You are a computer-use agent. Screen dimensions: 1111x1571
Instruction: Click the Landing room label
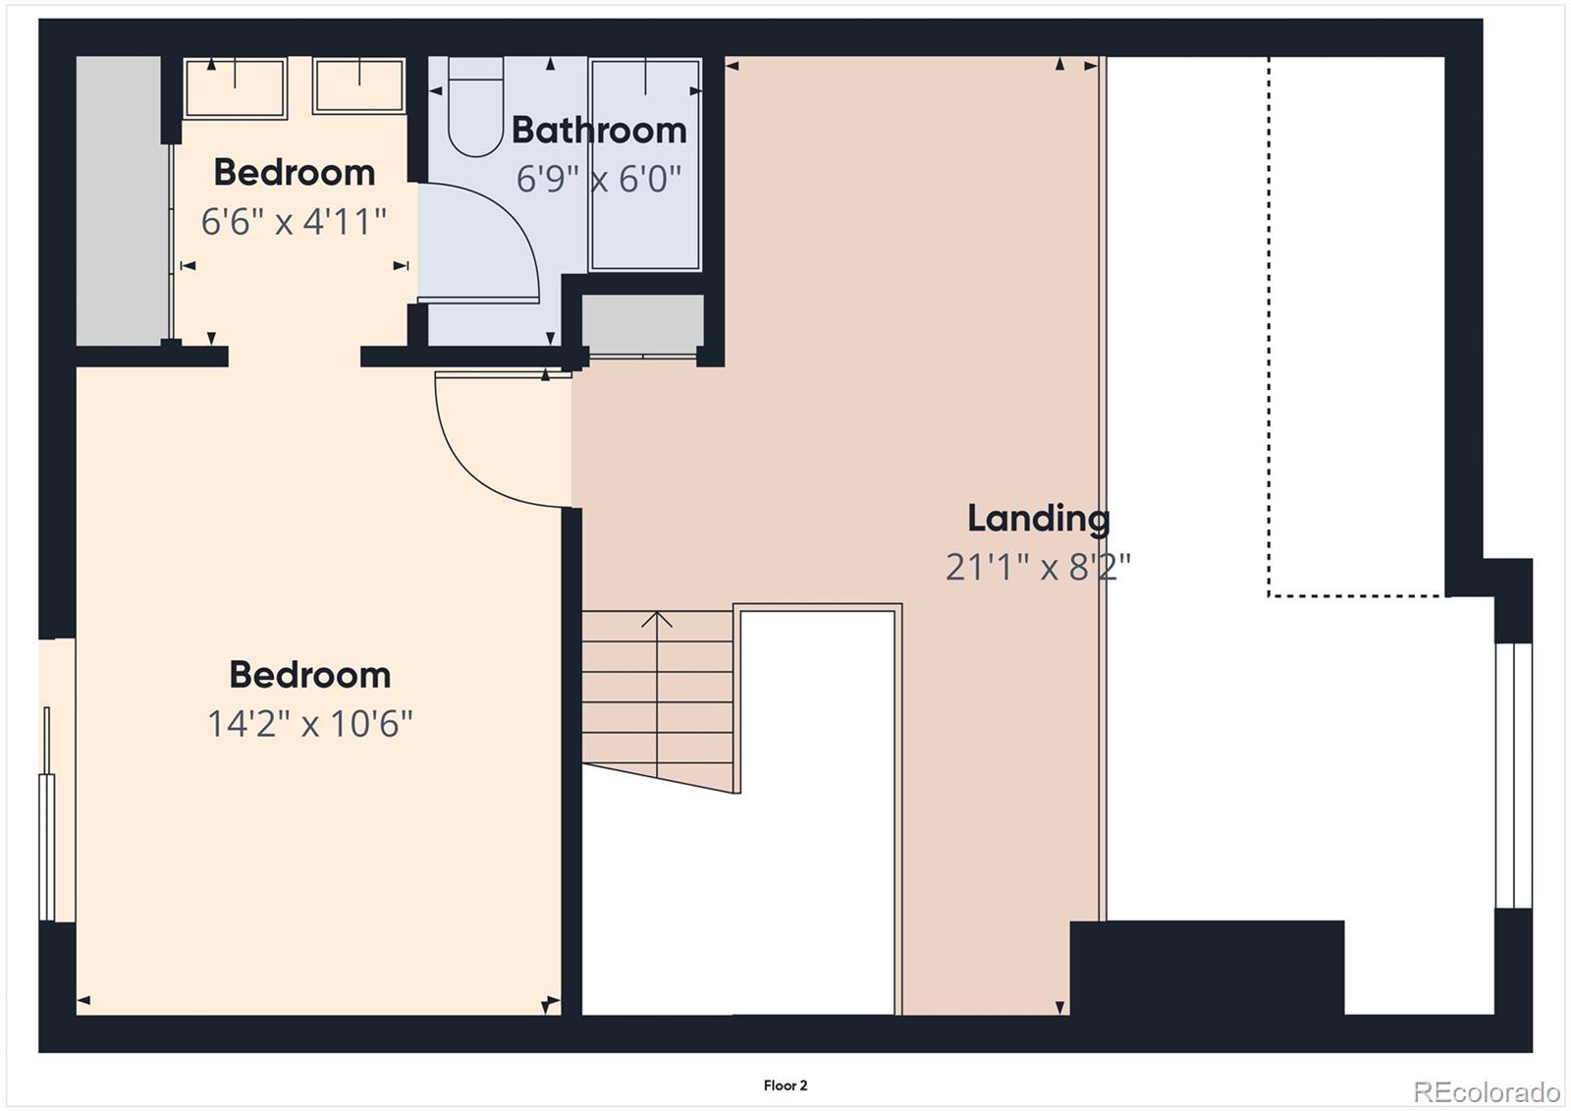(x=1038, y=519)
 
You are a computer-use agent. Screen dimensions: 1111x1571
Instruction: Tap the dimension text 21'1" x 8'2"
(x=1038, y=567)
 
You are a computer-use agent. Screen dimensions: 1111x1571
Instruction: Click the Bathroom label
(x=598, y=131)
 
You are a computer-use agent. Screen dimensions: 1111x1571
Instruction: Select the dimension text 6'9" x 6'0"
(x=598, y=180)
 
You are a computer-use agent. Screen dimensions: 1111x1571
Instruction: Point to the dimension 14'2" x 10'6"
(x=309, y=725)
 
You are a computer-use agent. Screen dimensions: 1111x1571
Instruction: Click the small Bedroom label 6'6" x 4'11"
(x=294, y=173)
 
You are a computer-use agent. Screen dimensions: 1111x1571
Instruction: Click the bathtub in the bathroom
(x=644, y=165)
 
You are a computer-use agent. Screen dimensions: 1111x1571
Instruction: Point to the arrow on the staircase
(x=657, y=621)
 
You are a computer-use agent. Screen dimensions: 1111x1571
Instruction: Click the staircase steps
(x=657, y=697)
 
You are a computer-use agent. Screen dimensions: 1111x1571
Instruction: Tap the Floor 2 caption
(x=785, y=1085)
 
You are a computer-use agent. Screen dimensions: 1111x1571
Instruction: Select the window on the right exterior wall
(x=1513, y=775)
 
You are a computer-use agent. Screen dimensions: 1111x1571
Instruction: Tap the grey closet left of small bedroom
(x=119, y=200)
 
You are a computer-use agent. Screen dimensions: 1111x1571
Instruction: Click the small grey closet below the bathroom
(x=642, y=321)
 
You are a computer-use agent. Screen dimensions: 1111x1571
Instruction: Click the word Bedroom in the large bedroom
(x=309, y=676)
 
